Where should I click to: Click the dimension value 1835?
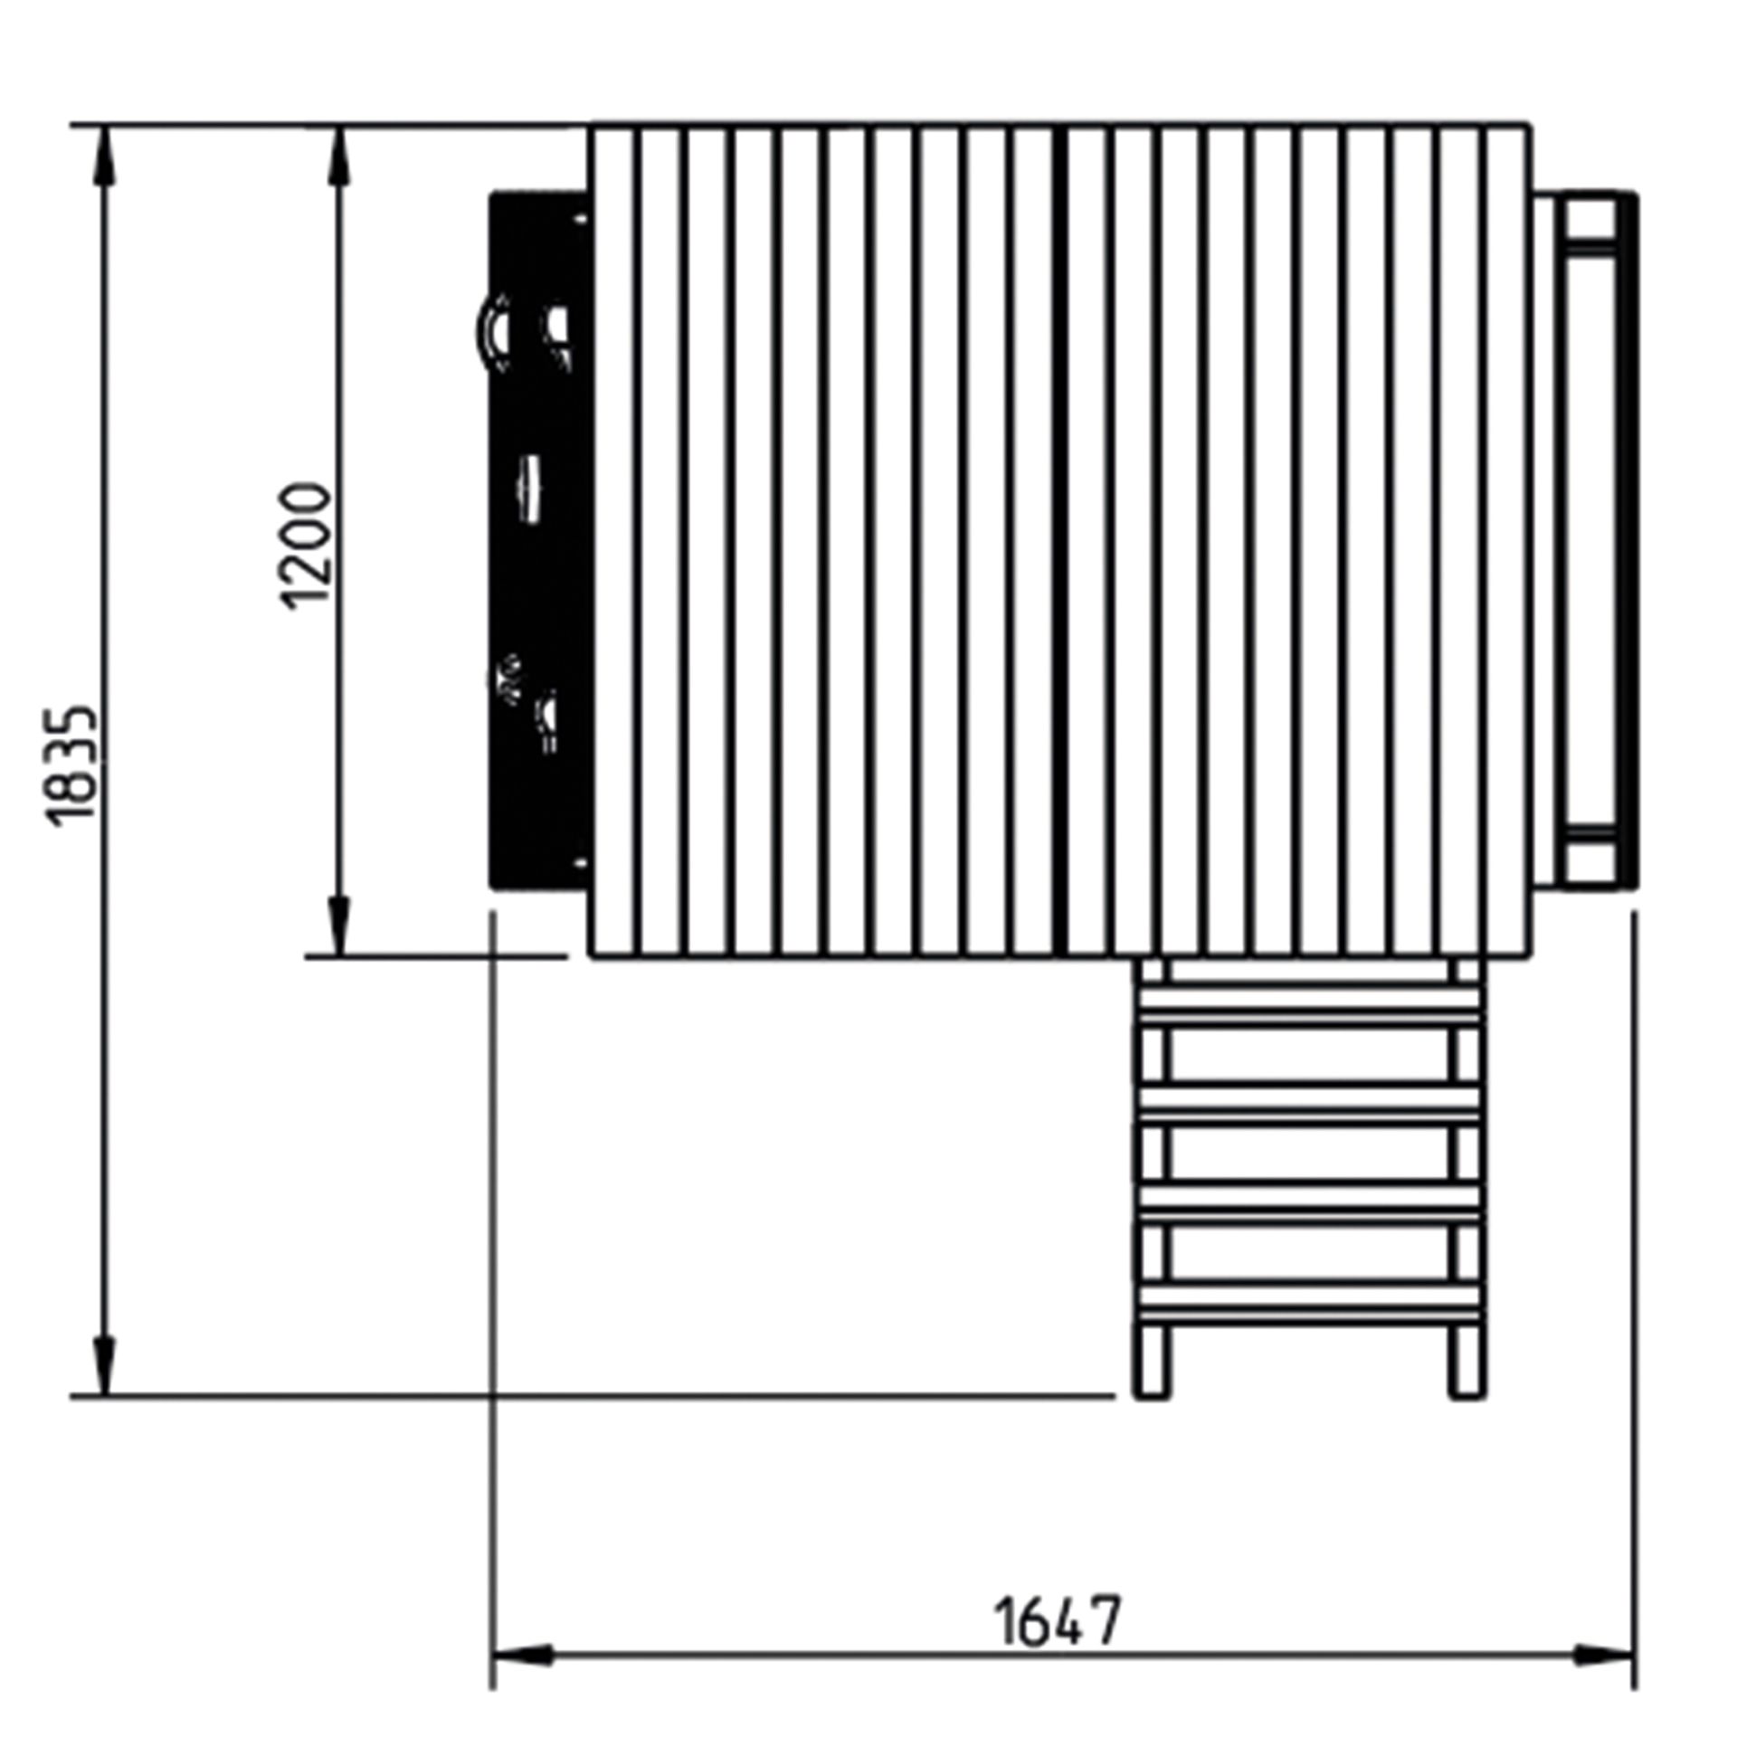click(70, 764)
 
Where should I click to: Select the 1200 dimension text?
click(305, 546)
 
